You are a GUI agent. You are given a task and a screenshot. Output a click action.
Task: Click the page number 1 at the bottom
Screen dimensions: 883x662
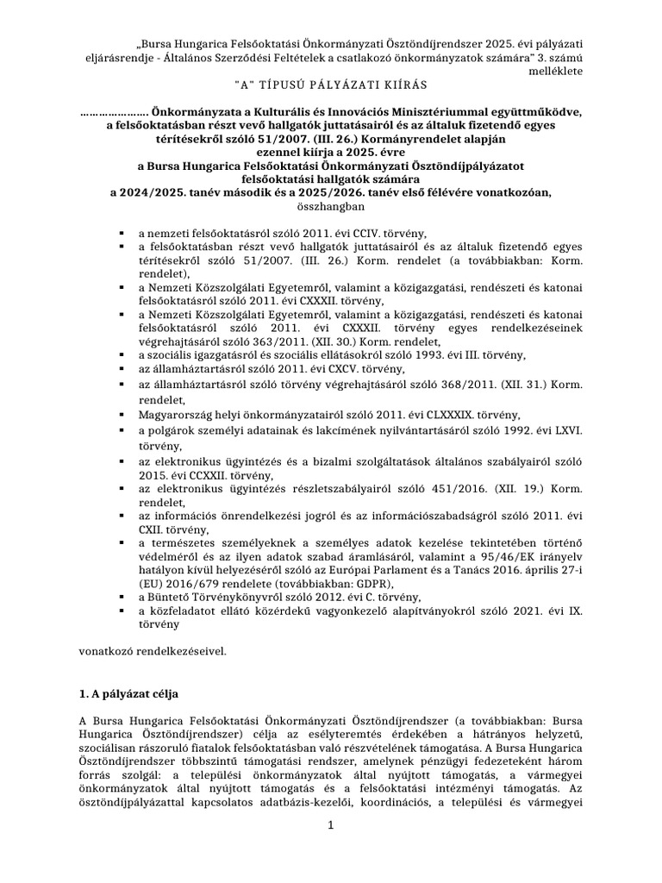tap(330, 826)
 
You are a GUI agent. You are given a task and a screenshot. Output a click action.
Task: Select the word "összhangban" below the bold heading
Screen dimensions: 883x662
tap(332, 206)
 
